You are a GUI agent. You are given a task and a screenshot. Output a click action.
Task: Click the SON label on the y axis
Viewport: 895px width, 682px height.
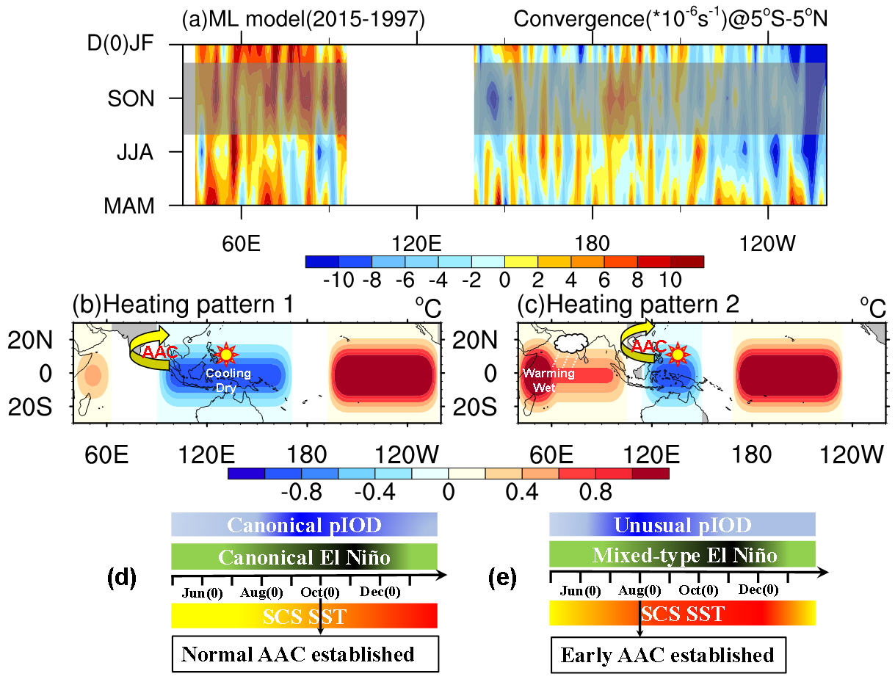(133, 98)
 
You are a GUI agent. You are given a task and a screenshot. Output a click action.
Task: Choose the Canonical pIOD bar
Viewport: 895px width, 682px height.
(304, 525)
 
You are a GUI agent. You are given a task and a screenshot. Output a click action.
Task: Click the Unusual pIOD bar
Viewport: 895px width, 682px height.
(682, 525)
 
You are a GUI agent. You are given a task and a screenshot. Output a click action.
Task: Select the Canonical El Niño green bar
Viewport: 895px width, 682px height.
(304, 556)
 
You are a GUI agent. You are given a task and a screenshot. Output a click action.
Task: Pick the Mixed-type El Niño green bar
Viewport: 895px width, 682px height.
(682, 554)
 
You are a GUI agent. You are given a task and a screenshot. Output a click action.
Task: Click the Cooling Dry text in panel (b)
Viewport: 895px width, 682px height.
(228, 379)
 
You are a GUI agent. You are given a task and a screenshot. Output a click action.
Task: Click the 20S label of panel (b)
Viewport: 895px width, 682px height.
(34, 407)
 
